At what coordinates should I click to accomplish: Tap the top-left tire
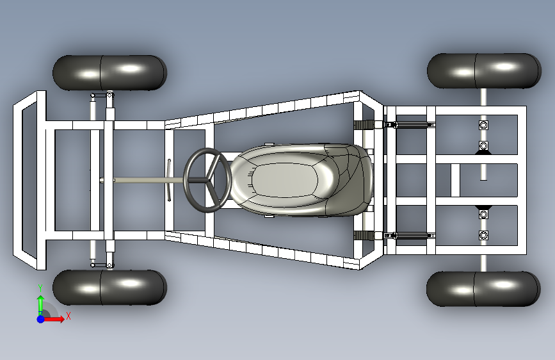pyautogui.click(x=109, y=72)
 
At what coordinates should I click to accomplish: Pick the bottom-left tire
pyautogui.click(x=109, y=287)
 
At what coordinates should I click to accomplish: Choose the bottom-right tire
pyautogui.click(x=483, y=288)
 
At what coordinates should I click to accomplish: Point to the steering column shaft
pyautogui.click(x=141, y=180)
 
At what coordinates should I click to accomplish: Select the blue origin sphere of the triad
pyautogui.click(x=40, y=318)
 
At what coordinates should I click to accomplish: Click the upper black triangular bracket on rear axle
pyautogui.click(x=484, y=151)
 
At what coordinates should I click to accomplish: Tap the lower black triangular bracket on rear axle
pyautogui.click(x=484, y=209)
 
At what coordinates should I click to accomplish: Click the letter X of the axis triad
pyautogui.click(x=68, y=316)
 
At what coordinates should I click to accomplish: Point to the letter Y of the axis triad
pyautogui.click(x=40, y=287)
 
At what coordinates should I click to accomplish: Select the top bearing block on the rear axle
pyautogui.click(x=484, y=124)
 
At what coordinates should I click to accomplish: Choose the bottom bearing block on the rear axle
pyautogui.click(x=484, y=236)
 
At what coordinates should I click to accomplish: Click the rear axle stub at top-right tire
pyautogui.click(x=484, y=96)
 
